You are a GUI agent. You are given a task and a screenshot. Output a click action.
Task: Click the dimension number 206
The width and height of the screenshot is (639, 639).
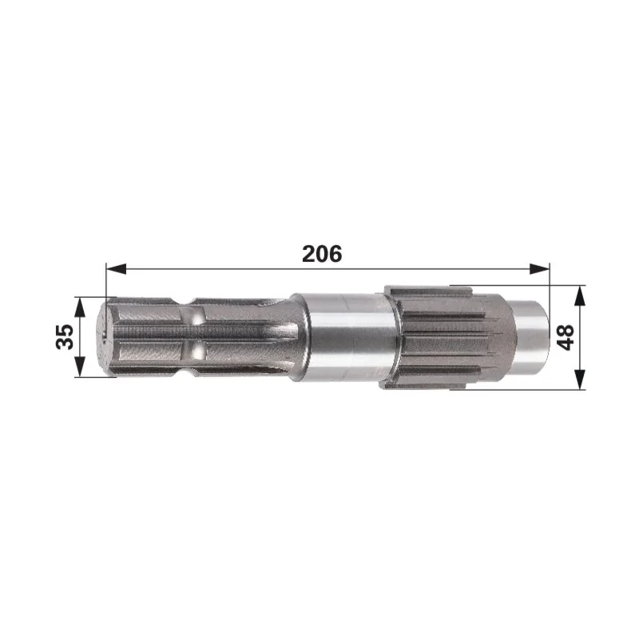click(322, 253)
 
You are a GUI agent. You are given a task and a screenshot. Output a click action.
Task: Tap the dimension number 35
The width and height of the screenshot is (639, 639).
click(65, 336)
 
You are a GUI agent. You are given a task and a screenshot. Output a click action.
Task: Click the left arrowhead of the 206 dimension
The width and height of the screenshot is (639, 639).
click(116, 268)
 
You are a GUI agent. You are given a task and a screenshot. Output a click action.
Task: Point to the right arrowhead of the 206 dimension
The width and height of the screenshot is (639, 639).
click(540, 268)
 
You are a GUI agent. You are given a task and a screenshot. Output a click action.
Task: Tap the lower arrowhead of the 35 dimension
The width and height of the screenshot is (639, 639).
click(81, 367)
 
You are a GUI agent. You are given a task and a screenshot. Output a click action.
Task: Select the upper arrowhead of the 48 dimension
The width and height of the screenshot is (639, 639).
click(580, 296)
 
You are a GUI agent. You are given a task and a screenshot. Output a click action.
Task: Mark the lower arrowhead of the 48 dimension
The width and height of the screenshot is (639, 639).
click(580, 379)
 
